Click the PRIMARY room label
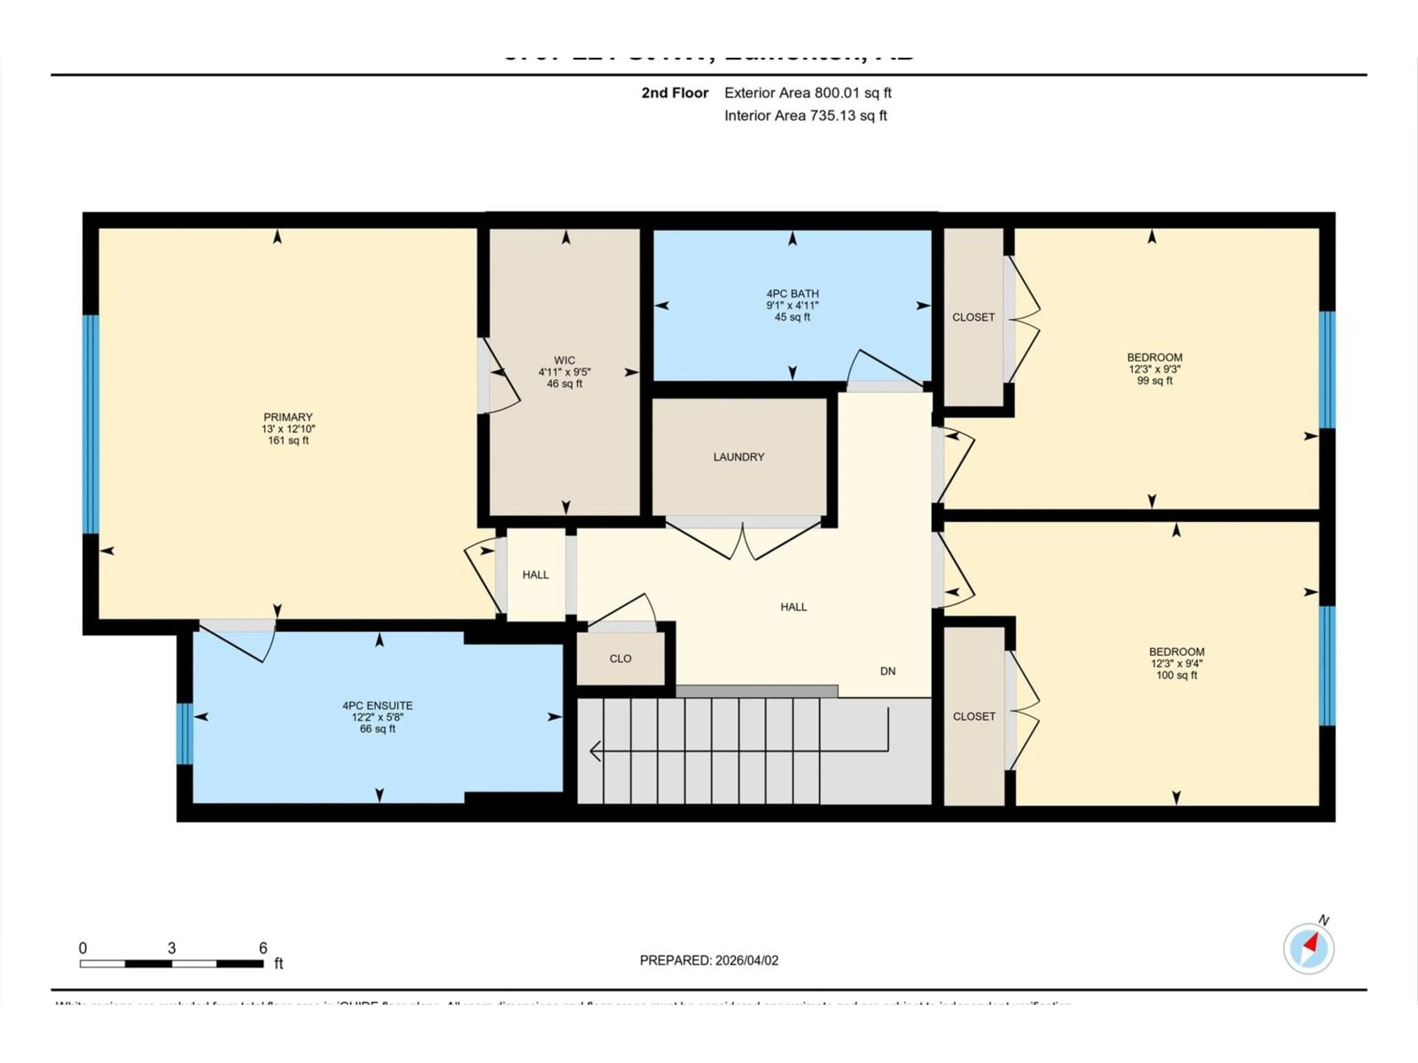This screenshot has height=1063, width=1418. [x=288, y=417]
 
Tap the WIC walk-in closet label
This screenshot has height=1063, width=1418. [x=564, y=361]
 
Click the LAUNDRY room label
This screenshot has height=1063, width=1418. [x=739, y=457]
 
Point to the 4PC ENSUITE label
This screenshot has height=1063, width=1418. [x=377, y=705]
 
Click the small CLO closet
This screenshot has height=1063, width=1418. [x=620, y=659]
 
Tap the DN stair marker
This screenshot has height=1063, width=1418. [x=887, y=671]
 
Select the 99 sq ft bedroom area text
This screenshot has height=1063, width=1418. [x=1155, y=381]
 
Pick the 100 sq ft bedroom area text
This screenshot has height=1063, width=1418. [x=1176, y=675]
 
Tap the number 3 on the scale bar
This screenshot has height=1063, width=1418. [x=171, y=948]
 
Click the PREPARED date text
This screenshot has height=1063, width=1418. [x=709, y=960]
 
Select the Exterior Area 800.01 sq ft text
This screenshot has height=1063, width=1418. [x=808, y=93]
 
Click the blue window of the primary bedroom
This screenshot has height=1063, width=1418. [x=92, y=424]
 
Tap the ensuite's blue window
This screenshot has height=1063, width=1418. [x=185, y=734]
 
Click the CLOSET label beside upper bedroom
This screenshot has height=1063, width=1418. [x=973, y=317]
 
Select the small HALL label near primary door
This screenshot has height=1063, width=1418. [x=535, y=575]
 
